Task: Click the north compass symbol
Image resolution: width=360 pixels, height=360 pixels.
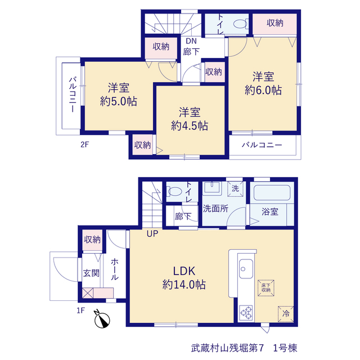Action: (x=102, y=319)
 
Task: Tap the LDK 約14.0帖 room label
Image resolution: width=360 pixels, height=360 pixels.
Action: (x=184, y=278)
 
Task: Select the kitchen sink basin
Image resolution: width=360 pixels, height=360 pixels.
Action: (x=246, y=269)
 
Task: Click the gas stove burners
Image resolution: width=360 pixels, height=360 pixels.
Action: (x=246, y=313)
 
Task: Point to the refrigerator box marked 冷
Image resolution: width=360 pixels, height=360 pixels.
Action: (x=286, y=314)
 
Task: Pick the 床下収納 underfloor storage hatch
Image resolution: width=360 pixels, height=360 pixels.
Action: (x=266, y=288)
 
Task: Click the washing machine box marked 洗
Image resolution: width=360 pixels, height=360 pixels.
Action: (x=235, y=189)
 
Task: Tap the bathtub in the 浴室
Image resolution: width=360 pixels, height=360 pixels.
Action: (x=272, y=192)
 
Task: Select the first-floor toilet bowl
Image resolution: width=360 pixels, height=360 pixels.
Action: (x=175, y=191)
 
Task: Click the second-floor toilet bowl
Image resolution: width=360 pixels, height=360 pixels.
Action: (x=240, y=24)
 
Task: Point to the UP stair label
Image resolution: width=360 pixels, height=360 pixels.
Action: (x=152, y=234)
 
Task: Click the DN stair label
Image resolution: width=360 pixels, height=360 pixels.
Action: (x=191, y=41)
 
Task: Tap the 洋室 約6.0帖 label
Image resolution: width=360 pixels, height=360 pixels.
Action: (x=263, y=83)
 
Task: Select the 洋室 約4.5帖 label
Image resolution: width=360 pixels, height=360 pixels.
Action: (x=190, y=119)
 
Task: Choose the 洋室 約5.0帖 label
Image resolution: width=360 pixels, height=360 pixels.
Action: (x=119, y=94)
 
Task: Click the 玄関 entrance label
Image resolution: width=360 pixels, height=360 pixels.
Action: (x=91, y=273)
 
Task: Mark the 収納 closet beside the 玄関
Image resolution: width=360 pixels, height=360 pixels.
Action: (x=92, y=240)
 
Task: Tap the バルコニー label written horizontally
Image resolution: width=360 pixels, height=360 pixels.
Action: (x=262, y=145)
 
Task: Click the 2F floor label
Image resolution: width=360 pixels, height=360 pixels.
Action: (x=84, y=145)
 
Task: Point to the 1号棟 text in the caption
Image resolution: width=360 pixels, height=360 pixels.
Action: (x=285, y=348)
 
